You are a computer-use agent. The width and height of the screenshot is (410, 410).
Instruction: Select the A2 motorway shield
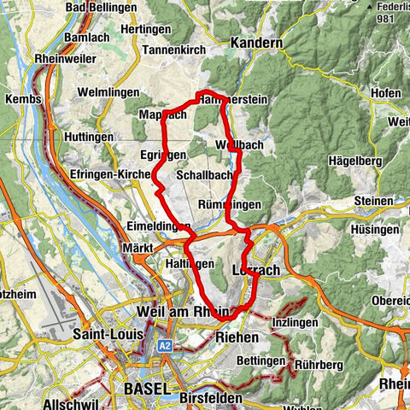[x=167, y=346]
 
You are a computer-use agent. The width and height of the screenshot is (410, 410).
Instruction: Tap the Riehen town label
[x=237, y=338]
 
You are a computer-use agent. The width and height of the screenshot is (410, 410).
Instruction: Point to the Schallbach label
[x=204, y=174]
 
